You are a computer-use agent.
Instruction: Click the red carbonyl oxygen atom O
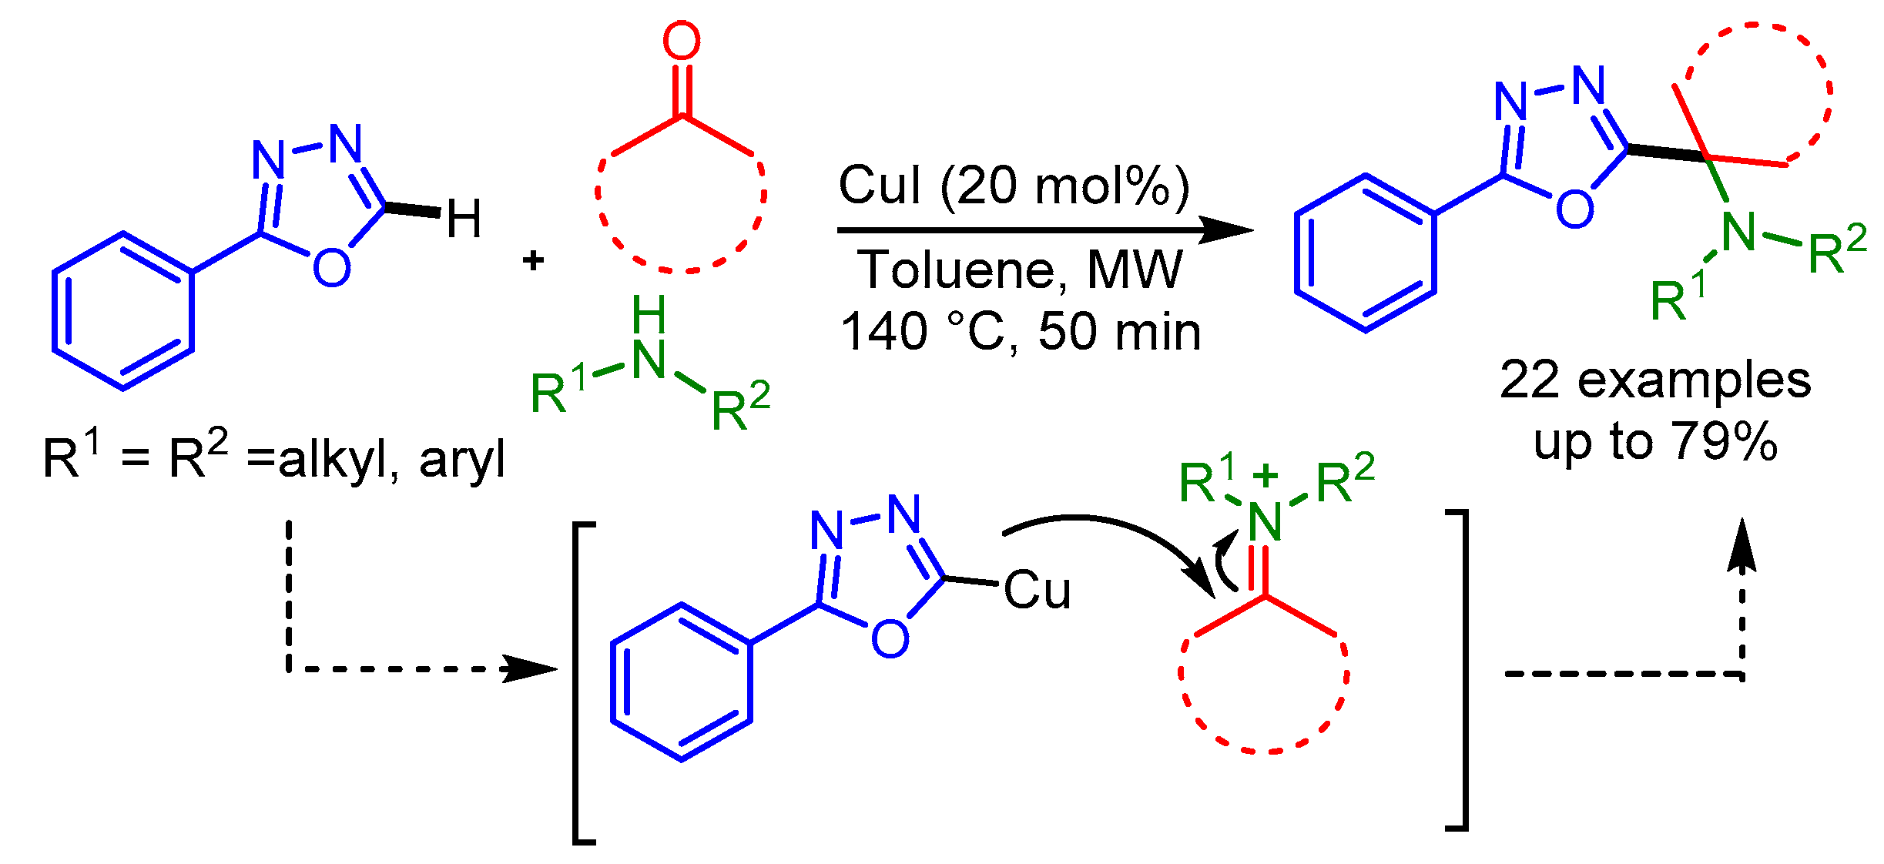[x=682, y=42]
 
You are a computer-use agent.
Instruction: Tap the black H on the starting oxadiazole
[x=464, y=219]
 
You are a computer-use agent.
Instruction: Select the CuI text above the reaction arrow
[x=879, y=186]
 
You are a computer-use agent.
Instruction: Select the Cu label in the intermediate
[x=1037, y=591]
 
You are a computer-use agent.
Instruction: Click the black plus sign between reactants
[x=533, y=261]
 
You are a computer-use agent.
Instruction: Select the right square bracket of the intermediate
[x=1458, y=670]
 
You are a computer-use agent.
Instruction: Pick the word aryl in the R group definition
[x=462, y=460]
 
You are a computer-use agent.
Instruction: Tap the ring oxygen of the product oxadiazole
[x=1574, y=208]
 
